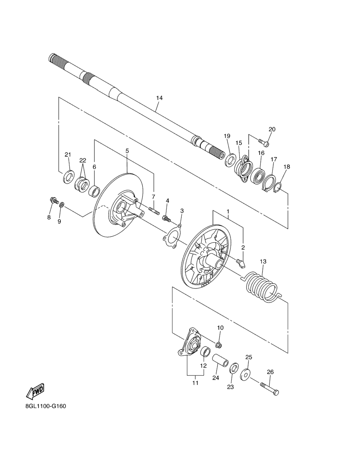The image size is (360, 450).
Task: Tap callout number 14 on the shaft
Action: tap(159, 98)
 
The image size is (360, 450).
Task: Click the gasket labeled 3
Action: tap(172, 236)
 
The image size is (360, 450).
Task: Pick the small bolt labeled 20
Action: tap(264, 143)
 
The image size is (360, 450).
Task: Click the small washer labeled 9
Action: tap(62, 205)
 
